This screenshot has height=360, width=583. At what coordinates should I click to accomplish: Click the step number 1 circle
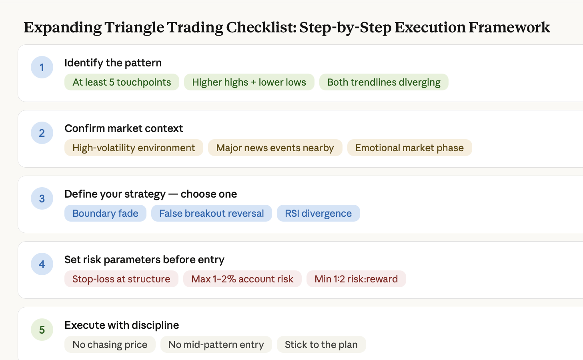point(42,67)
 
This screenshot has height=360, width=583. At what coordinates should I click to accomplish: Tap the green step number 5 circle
point(42,330)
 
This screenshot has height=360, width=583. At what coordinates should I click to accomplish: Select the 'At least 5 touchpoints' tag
point(122,82)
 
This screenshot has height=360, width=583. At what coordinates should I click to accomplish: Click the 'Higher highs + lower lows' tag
point(249,82)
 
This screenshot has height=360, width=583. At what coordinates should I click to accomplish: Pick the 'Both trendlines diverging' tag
point(384,82)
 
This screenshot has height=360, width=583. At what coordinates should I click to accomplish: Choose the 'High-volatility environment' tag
point(134,148)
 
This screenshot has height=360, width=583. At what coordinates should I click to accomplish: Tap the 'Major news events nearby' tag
point(275,148)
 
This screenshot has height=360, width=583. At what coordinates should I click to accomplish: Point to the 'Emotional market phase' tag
point(409,148)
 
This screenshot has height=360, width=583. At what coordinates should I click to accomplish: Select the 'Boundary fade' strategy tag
point(105,213)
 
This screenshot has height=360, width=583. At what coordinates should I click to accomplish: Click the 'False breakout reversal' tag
point(212,213)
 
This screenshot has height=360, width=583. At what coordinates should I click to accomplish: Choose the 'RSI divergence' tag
point(318,213)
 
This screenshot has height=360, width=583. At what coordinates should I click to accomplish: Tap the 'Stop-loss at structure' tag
point(121,279)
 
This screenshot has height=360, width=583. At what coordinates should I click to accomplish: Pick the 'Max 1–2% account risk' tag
point(242,279)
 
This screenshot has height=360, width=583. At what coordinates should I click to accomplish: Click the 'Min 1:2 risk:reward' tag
point(356,279)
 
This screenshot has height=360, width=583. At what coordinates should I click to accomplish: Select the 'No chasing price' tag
point(110,344)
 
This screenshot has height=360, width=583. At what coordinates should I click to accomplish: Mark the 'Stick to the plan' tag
point(321,344)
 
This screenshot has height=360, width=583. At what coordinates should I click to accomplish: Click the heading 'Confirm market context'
point(124,128)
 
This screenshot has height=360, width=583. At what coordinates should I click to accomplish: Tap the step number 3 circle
point(42,198)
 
